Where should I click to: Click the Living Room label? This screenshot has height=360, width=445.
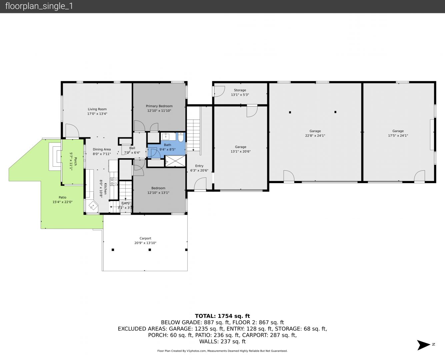point(97,109)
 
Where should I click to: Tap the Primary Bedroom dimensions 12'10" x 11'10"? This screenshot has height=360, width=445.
point(159,111)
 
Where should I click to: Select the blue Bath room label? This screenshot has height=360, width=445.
point(167,145)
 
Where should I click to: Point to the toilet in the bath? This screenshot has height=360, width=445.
point(181,137)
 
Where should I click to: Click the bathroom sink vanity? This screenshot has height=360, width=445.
point(166,137)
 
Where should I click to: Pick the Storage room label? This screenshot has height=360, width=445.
point(240,90)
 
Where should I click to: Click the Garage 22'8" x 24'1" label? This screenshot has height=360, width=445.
point(315,131)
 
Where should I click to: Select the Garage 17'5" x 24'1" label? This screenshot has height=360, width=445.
point(398,131)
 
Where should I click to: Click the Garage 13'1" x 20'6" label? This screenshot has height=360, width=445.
point(240,147)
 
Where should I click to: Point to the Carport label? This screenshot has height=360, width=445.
point(145,238)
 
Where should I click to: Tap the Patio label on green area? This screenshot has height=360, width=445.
point(62,197)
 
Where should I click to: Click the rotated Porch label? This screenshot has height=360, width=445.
point(75,161)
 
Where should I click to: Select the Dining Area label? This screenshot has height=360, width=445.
point(102,149)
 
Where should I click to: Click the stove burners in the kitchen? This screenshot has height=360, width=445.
point(114,182)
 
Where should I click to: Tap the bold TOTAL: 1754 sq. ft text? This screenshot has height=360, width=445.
point(222,316)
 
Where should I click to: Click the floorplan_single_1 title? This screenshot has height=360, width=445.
point(39,6)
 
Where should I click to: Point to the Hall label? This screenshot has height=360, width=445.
point(132,148)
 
